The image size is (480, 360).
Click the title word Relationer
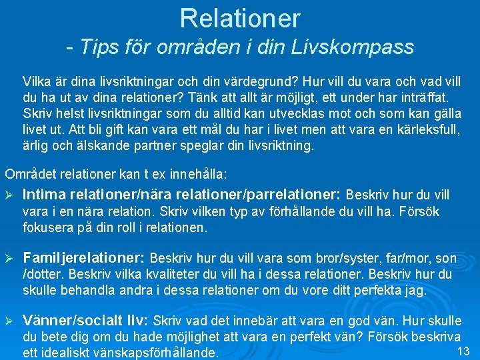click(240, 18)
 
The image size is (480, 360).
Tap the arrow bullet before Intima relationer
click(9, 196)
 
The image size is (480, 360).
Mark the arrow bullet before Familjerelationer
click(9, 258)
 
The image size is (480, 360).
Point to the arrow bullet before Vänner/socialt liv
click(9, 321)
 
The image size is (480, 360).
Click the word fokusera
click(48, 227)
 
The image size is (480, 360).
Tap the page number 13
click(465, 351)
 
